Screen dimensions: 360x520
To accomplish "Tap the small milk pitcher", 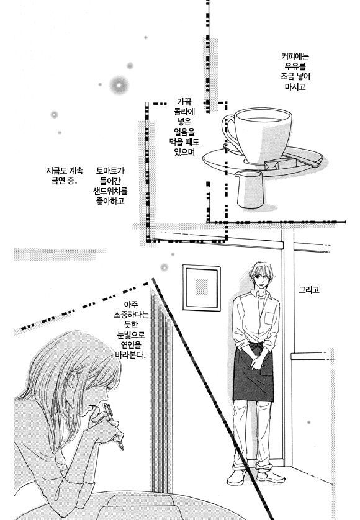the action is click(250, 189).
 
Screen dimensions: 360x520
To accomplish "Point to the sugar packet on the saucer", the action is click(280, 164).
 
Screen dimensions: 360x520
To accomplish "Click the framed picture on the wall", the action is click(201, 287).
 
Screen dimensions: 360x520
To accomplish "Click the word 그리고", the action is click(309, 290).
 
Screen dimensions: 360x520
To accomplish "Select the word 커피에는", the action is click(295, 56).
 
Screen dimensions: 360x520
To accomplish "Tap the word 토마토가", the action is click(110, 171).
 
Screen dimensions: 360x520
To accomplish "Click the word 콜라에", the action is click(184, 112).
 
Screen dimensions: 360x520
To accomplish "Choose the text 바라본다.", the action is click(130, 354).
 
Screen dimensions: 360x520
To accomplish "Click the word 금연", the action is click(59, 181).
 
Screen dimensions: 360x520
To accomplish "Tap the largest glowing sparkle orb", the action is click(119, 85).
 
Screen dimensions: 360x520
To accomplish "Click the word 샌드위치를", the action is click(110, 191).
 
